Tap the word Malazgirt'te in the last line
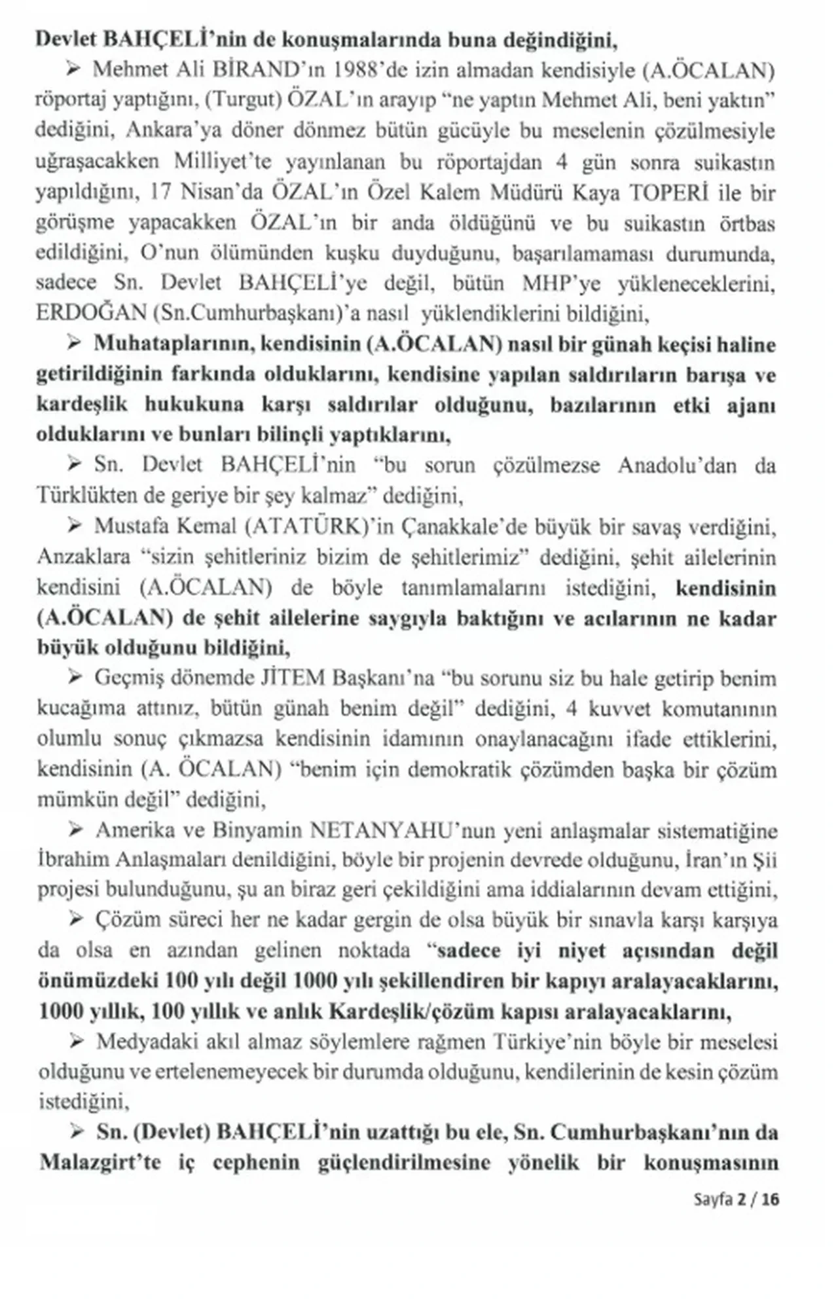click(x=100, y=1163)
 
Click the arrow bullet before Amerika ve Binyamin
click(x=75, y=831)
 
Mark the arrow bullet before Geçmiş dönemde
click(x=75, y=678)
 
